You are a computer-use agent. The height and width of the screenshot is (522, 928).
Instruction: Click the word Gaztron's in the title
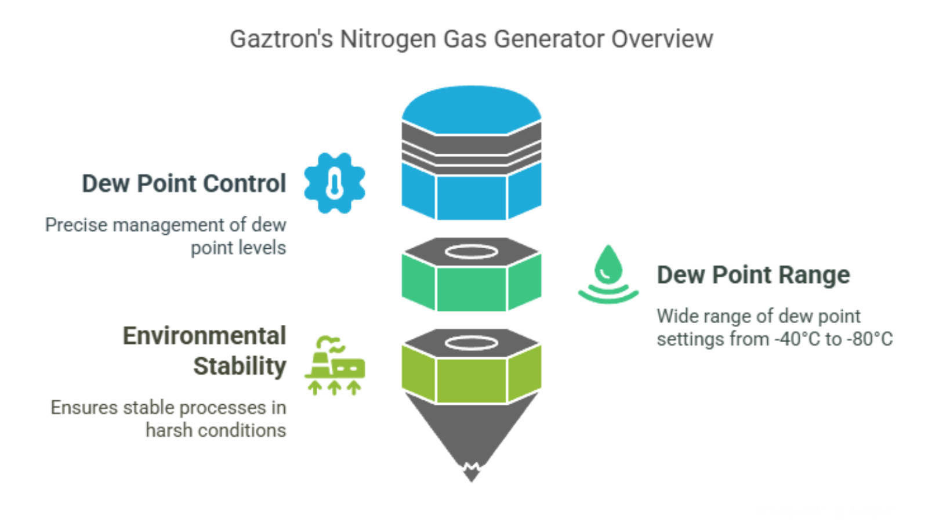tap(281, 39)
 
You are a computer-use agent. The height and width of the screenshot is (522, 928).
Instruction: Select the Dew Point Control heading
tap(184, 183)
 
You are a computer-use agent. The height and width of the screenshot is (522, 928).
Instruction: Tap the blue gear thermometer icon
tap(335, 183)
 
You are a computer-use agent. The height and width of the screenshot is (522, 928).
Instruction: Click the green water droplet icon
tap(608, 274)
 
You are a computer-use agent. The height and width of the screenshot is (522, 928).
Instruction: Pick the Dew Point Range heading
tap(753, 275)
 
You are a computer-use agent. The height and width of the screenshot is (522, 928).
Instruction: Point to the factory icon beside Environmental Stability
tap(335, 365)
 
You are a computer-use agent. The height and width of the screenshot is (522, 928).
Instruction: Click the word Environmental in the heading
tap(205, 336)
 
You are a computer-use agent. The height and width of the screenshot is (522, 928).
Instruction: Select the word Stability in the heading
tap(240, 366)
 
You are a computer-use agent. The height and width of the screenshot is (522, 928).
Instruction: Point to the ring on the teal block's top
tap(471, 252)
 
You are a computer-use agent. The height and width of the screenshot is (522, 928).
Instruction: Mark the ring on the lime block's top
tap(471, 343)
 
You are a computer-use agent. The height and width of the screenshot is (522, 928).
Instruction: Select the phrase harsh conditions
tap(216, 430)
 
